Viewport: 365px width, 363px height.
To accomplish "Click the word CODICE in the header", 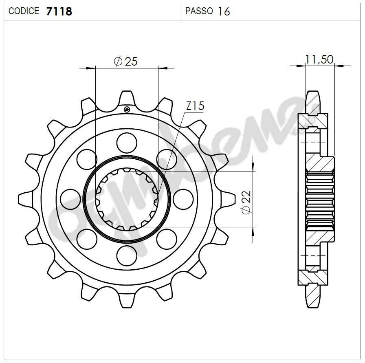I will pyautogui.click(x=24, y=11).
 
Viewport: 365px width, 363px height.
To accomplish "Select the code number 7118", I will pyautogui.click(x=59, y=11).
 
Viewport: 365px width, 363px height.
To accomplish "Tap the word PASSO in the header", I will pyautogui.click(x=199, y=11).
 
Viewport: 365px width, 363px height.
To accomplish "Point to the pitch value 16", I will pyautogui.click(x=224, y=11).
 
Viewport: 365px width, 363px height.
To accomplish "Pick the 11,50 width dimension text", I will pyautogui.click(x=319, y=59).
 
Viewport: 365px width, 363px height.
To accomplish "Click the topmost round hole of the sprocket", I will pyautogui.click(x=126, y=142).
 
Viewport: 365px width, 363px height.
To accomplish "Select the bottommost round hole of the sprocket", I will pyautogui.click(x=126, y=256).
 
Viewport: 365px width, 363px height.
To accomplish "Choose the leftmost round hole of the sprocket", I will pyautogui.click(x=69, y=199).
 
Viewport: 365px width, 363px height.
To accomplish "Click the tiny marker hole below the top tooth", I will pyautogui.click(x=127, y=109).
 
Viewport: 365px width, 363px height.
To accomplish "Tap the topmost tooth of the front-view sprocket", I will pyautogui.click(x=127, y=98).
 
